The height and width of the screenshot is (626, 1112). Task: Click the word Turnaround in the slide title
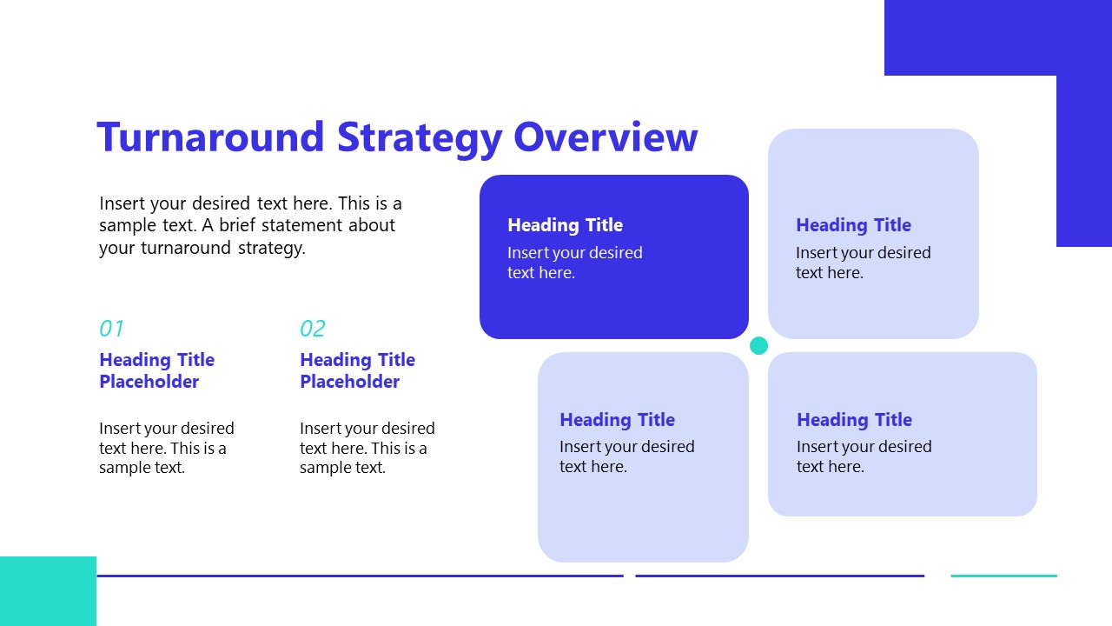[x=209, y=137]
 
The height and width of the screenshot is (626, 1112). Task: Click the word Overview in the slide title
[x=606, y=137]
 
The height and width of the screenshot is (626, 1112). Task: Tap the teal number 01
[x=111, y=329]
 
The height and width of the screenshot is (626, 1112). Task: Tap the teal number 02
[x=312, y=329]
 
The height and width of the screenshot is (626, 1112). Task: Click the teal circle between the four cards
[x=758, y=346]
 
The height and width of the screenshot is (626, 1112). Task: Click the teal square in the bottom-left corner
[x=48, y=591]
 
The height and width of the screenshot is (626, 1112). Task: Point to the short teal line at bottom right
[x=1003, y=576]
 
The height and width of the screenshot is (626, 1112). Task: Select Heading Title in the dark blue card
[x=565, y=225]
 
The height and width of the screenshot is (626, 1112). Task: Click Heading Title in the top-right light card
[x=853, y=225]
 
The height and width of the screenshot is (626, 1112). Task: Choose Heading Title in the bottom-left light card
[x=617, y=420]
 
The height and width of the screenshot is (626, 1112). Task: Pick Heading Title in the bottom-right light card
[x=854, y=420]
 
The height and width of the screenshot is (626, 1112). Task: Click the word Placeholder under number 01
[x=149, y=382]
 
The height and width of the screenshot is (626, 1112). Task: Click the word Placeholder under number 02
[x=349, y=382]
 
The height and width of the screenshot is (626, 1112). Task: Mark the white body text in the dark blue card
[x=574, y=263]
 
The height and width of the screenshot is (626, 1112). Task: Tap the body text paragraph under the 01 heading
[x=166, y=448]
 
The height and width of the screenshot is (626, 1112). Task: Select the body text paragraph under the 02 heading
[x=367, y=448]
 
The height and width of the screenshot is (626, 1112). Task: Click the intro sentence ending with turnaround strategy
[x=250, y=225]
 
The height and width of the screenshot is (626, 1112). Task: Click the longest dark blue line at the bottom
[x=360, y=576]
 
